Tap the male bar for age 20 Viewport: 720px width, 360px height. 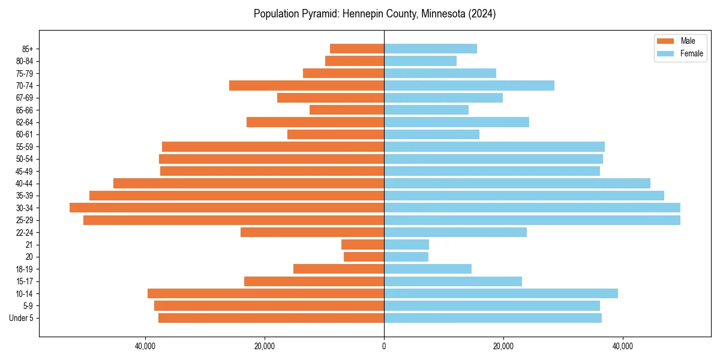pos(364,257)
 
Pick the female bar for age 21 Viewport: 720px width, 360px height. pos(406,245)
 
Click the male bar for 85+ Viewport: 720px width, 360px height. pos(357,49)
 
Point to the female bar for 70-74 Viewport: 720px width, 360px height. pos(469,85)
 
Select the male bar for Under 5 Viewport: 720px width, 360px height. pos(271,318)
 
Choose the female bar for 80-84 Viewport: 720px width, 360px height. pos(420,61)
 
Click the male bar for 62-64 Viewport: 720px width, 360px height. pos(315,122)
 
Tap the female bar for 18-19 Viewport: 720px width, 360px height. pos(427,269)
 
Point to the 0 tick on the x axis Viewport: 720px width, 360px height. pos(384,346)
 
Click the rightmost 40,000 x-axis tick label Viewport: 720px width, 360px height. pos(622,346)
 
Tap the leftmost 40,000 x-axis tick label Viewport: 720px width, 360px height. pos(145,346)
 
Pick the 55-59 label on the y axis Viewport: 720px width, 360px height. pos(25,146)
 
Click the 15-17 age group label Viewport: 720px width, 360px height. pos(25,281)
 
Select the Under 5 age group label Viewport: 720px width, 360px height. pos(22,318)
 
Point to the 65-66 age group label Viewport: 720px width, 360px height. pos(25,110)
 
